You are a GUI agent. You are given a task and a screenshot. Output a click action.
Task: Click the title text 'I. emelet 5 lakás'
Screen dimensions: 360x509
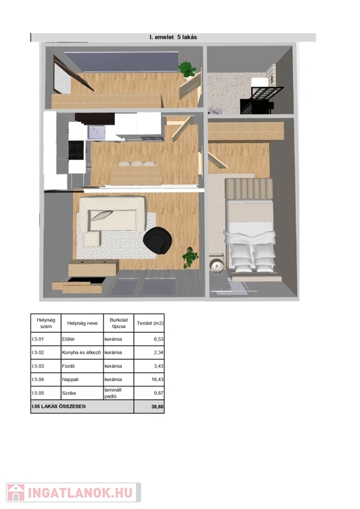173,37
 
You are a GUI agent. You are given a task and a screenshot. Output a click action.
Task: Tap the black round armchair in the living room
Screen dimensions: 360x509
158,241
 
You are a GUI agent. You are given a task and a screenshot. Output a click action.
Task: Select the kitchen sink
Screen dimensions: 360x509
96,133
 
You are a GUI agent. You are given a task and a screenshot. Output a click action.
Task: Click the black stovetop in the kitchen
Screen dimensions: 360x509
76,150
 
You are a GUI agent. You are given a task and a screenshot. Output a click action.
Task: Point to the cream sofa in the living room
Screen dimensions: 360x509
112,214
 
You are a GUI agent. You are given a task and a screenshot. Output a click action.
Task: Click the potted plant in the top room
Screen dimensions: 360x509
188,70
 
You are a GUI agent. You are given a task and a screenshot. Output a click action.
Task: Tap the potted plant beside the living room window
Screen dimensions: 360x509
190,258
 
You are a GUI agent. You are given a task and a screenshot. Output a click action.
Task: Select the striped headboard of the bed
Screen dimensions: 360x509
249,188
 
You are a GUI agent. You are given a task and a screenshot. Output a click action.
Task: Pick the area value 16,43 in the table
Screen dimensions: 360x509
157,379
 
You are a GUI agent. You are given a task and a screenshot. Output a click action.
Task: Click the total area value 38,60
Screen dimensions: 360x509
157,406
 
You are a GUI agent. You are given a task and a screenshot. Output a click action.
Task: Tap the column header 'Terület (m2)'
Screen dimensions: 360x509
150,323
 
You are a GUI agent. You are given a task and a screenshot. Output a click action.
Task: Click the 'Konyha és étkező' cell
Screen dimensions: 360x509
81,352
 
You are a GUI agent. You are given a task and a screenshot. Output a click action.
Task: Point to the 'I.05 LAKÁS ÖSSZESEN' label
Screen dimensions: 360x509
59,406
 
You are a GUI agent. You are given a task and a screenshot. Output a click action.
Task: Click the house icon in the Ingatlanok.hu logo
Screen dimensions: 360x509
16,492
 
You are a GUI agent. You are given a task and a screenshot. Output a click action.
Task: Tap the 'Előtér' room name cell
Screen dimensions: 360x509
68,339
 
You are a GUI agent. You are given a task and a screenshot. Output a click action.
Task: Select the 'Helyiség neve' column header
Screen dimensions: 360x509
82,323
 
